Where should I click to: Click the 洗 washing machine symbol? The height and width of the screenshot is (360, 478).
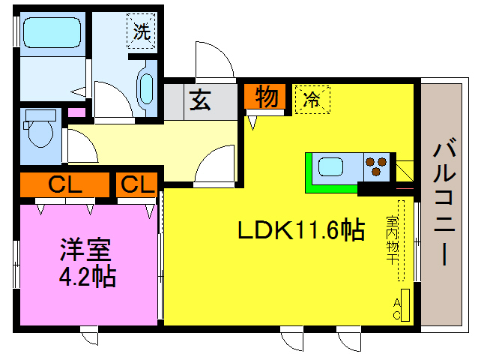140,32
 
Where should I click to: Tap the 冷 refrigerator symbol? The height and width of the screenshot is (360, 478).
313,100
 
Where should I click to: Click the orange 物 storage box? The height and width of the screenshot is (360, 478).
264,97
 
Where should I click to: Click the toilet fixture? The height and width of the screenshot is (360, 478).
38,131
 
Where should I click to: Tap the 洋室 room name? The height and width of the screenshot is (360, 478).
87,250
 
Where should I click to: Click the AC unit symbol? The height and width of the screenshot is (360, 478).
405,305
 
